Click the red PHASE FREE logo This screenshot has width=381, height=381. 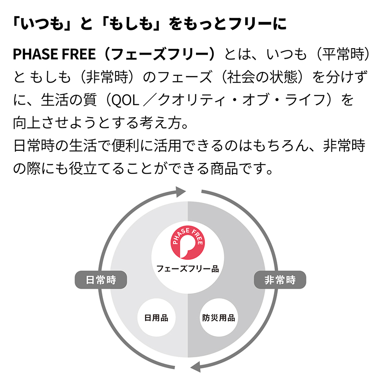pos(188,243)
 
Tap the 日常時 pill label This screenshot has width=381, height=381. pos(101,280)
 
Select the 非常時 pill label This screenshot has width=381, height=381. pos(280,280)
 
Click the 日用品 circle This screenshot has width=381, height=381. pos(156,317)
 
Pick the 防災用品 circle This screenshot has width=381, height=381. pos(219,317)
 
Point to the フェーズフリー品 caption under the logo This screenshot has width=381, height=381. pos(188,269)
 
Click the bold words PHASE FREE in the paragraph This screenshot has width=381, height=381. pos(54,54)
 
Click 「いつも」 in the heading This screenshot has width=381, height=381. pos(42,24)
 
